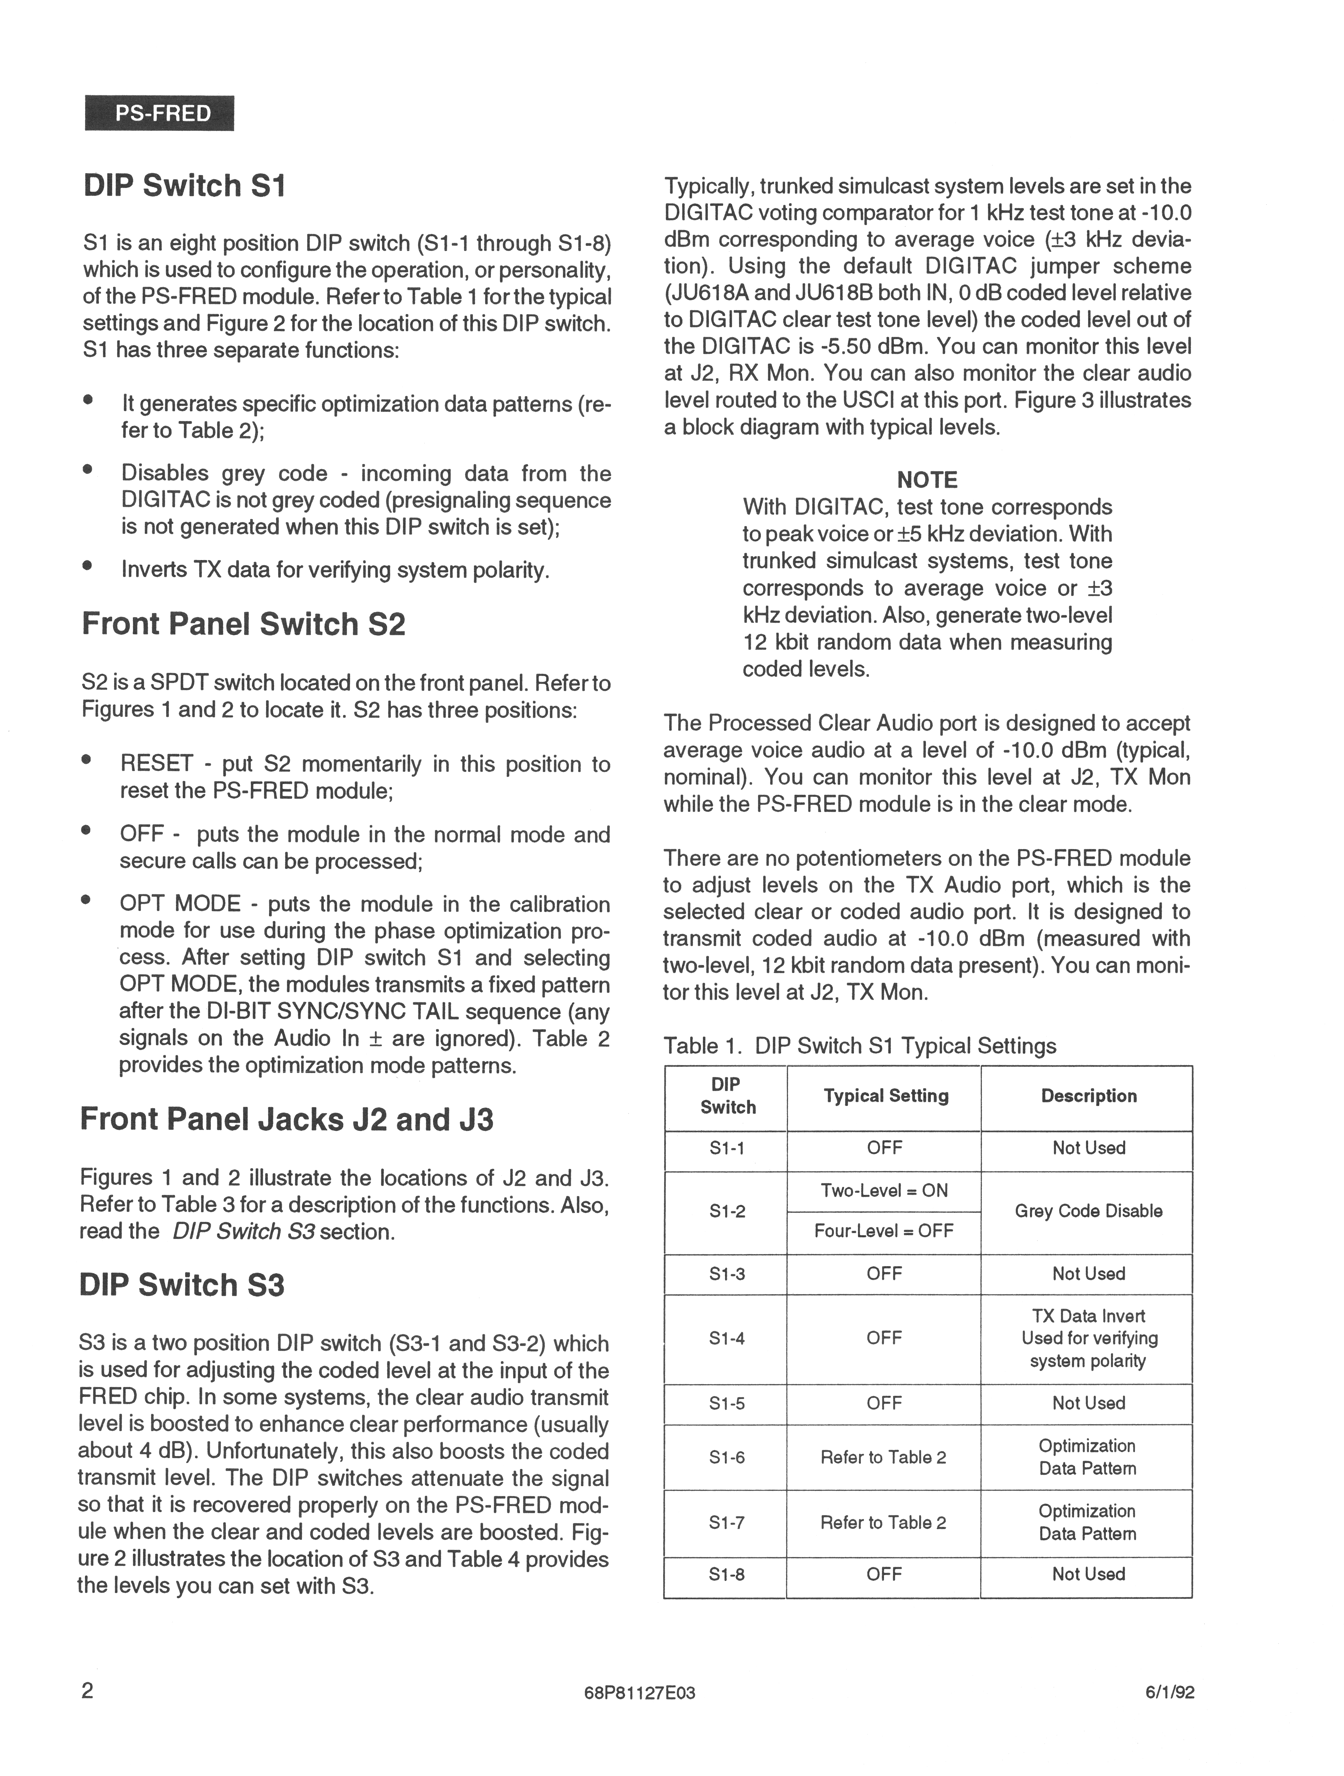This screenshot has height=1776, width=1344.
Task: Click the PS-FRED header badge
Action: (159, 113)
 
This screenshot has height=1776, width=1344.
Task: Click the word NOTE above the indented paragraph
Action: (927, 480)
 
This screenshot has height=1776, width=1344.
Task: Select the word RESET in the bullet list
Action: (156, 764)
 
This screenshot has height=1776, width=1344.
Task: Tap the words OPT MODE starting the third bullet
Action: (180, 904)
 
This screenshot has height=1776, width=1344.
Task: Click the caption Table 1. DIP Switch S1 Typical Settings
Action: (859, 1046)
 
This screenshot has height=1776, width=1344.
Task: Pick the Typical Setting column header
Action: (886, 1096)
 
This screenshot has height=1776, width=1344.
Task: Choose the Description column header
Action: (1089, 1096)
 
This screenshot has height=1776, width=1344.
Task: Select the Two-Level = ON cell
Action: (884, 1191)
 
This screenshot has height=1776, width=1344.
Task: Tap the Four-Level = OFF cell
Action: (884, 1231)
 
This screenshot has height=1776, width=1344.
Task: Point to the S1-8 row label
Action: (727, 1574)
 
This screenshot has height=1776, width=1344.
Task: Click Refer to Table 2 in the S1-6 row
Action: (883, 1457)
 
